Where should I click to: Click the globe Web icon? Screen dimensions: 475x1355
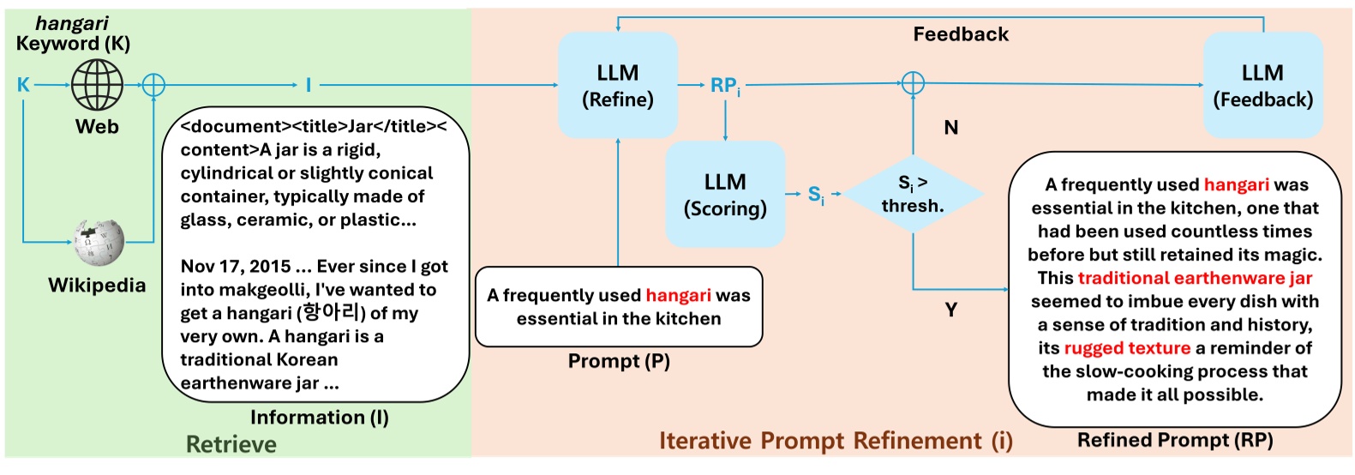(x=97, y=85)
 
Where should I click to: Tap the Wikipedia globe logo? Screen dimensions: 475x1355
(x=99, y=243)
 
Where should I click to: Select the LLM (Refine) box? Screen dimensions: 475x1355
(x=618, y=86)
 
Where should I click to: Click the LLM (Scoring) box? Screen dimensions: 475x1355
(x=725, y=195)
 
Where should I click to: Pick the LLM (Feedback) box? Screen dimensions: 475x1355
(x=1262, y=86)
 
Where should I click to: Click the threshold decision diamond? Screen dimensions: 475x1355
(x=913, y=195)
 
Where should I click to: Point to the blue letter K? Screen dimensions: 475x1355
(x=23, y=85)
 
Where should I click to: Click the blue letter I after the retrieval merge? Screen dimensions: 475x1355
(x=309, y=85)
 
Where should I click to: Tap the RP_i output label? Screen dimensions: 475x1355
(x=725, y=86)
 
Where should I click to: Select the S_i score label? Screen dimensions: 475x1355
(x=816, y=195)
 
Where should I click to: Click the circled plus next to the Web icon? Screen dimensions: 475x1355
(x=153, y=85)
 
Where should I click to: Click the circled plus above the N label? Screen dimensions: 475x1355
(x=913, y=83)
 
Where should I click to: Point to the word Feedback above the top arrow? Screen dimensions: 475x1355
(x=961, y=34)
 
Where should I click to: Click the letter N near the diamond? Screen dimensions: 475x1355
(x=950, y=128)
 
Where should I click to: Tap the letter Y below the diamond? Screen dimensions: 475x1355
(x=950, y=310)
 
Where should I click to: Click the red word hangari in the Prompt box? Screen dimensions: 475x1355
(x=678, y=296)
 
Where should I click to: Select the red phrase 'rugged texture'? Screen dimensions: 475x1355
(x=1127, y=348)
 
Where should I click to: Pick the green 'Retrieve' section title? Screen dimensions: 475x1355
(x=231, y=444)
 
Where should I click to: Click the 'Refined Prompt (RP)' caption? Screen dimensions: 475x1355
(x=1175, y=440)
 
